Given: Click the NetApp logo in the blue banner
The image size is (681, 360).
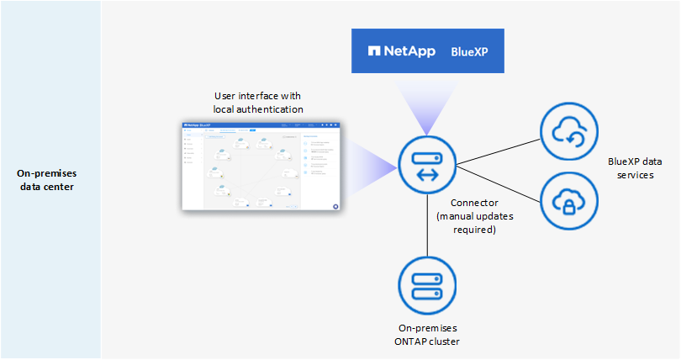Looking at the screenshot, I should (401, 51).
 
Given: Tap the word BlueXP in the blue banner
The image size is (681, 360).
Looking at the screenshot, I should (469, 51).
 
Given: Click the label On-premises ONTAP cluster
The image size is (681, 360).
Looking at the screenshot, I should (428, 335).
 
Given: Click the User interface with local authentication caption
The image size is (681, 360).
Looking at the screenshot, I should (258, 103).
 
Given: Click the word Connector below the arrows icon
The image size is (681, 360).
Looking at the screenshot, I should (473, 203).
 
